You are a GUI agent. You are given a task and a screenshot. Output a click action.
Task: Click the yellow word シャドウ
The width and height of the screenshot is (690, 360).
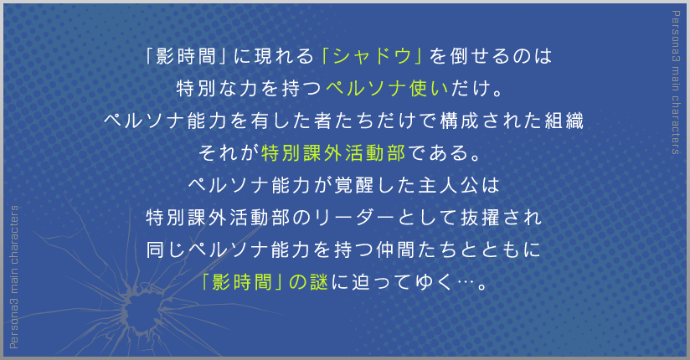(372, 56)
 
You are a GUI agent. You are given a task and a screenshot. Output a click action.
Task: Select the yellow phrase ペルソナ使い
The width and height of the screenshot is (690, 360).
(387, 89)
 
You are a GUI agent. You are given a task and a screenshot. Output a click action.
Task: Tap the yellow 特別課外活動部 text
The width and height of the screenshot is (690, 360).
(333, 152)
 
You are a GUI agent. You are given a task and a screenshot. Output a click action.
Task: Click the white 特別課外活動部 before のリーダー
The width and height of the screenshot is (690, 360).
(218, 218)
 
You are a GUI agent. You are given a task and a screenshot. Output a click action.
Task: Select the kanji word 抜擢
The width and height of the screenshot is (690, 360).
(481, 218)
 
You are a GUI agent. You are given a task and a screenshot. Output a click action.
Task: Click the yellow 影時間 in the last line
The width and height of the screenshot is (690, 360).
(242, 282)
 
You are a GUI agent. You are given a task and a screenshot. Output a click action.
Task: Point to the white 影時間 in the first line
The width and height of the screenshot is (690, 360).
(186, 56)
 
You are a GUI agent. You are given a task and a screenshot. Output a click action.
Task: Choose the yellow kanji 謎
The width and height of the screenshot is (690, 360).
(319, 282)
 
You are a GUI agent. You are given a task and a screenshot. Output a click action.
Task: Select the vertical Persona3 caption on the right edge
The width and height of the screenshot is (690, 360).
(676, 82)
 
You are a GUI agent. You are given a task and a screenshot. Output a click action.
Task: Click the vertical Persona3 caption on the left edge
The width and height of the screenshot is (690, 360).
(14, 277)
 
